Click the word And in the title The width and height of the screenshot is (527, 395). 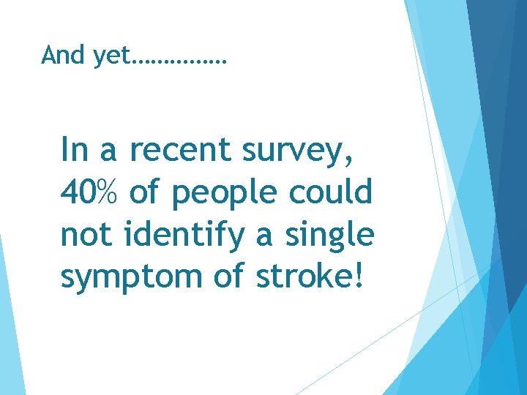64,54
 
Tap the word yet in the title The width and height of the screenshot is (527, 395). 110,56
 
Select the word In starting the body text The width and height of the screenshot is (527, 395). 74,149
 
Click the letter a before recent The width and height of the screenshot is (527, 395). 108,151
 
